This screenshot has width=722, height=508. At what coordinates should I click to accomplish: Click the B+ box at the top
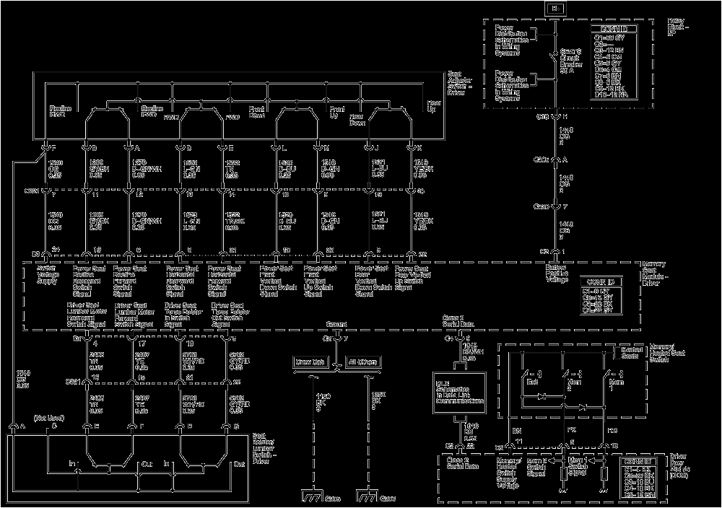[x=555, y=9]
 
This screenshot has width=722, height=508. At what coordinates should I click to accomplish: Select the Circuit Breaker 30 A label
[x=570, y=60]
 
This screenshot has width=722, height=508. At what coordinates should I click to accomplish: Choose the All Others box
[x=362, y=362]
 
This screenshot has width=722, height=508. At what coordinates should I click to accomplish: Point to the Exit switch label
[x=533, y=380]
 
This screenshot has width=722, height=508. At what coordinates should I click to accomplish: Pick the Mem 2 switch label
[x=574, y=384]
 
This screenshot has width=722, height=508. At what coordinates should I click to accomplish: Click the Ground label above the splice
[x=336, y=325]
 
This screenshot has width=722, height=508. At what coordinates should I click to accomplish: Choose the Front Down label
[x=258, y=110]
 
